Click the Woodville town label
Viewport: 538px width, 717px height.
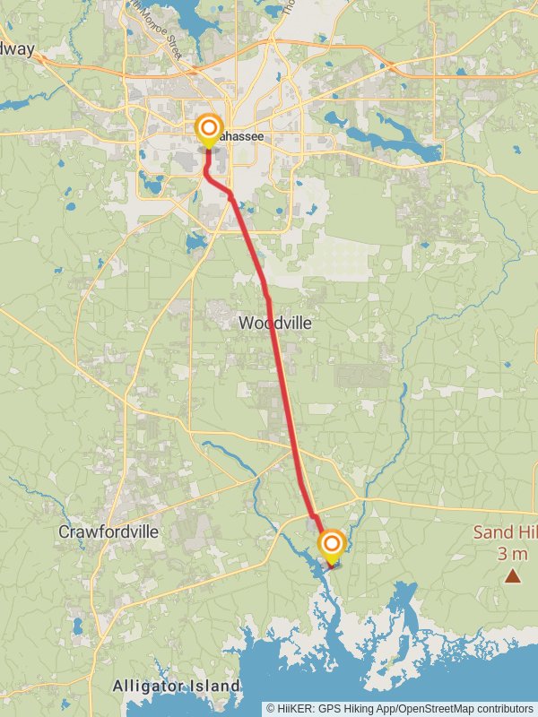point(275,323)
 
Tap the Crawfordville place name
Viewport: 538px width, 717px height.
point(108,531)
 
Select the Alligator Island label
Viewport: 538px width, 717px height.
point(177,687)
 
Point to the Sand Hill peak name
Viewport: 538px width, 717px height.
point(505,532)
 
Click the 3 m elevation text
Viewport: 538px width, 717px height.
point(512,552)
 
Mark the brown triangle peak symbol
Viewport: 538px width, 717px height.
point(513,576)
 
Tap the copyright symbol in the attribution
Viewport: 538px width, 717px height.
point(271,708)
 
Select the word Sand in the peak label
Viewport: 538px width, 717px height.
point(492,532)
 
